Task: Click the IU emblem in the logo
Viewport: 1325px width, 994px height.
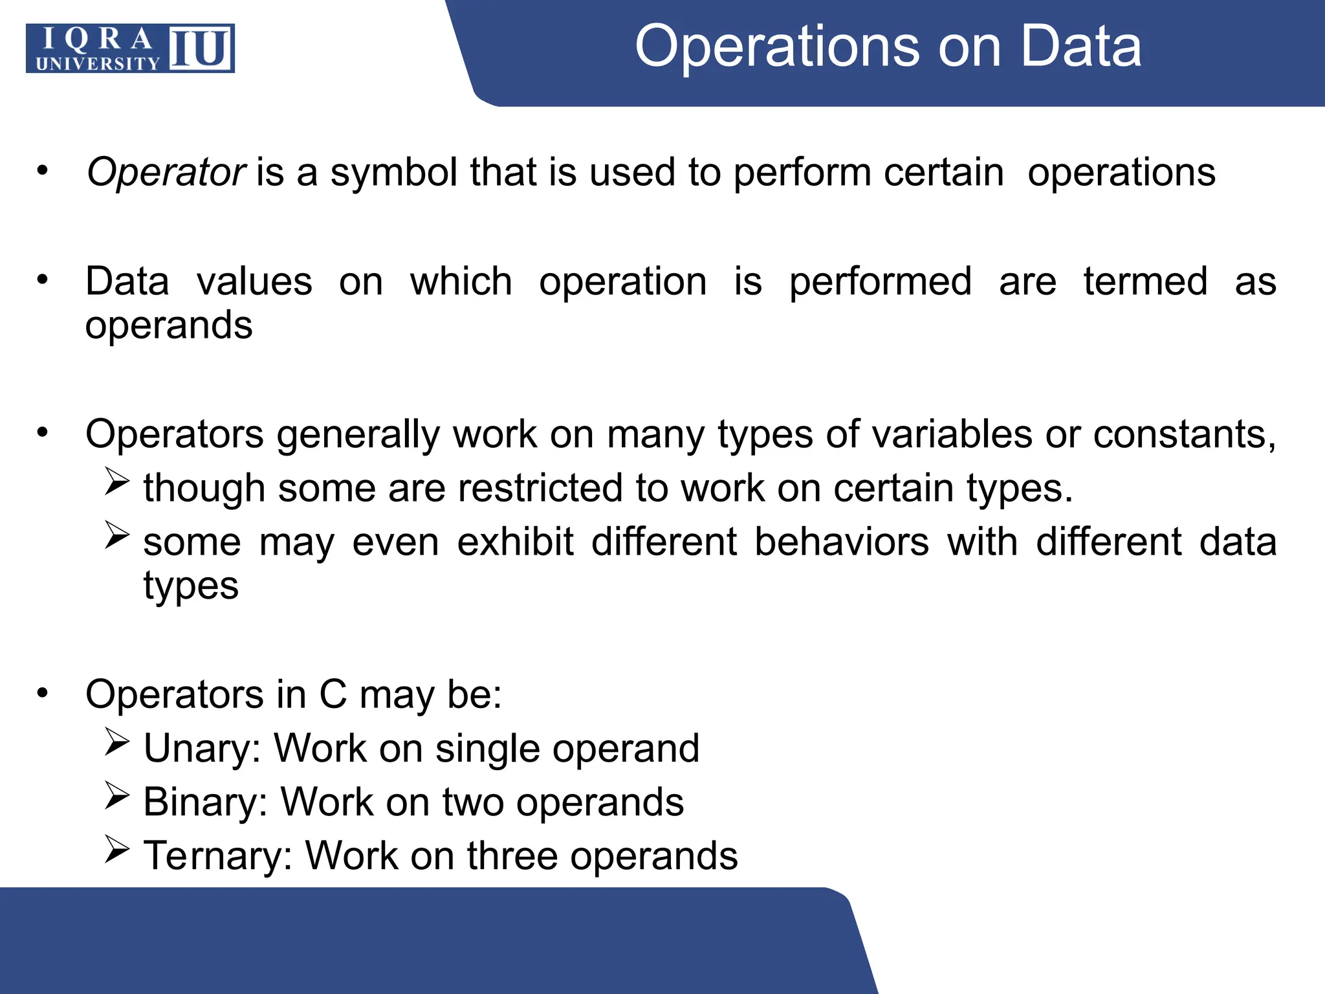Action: (x=200, y=49)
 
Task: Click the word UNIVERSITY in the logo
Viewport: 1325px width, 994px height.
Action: (x=98, y=63)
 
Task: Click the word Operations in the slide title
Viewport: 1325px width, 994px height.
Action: (x=776, y=47)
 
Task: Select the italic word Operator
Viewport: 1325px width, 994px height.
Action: (x=166, y=173)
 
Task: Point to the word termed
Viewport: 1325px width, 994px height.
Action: (x=1145, y=282)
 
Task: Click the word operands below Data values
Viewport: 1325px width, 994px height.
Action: (x=169, y=325)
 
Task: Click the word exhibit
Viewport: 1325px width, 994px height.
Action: (x=515, y=542)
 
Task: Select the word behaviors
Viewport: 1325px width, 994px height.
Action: (x=842, y=542)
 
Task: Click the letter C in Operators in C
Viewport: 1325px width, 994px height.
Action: (x=333, y=695)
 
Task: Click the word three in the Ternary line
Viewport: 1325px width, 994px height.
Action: (x=512, y=856)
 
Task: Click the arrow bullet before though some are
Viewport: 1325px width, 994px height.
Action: (x=117, y=482)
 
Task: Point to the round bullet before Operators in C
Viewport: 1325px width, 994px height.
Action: (x=43, y=693)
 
